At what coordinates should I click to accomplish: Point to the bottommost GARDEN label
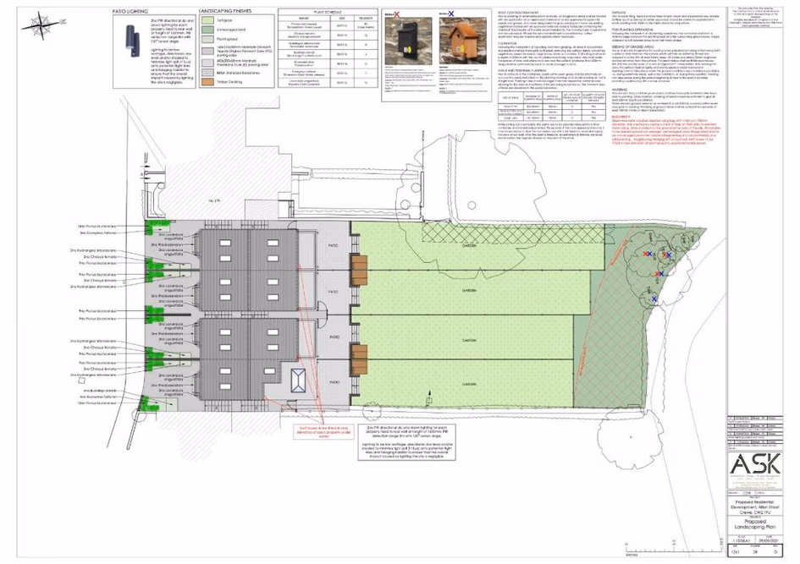(466, 382)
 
